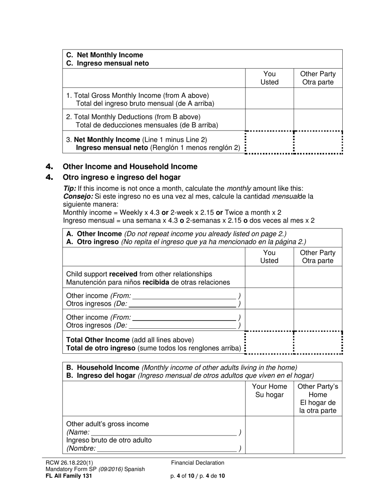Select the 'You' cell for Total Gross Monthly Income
(269, 99)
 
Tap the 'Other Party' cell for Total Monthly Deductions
(318, 120)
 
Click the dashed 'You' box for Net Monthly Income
(269, 142)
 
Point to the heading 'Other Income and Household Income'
(130, 166)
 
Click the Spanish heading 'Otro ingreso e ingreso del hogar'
(121, 177)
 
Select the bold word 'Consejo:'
(75, 196)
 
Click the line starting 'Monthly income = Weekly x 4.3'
(172, 213)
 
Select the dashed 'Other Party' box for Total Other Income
(318, 343)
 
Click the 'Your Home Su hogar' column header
(269, 391)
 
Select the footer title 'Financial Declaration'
(198, 463)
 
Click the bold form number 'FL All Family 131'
(69, 476)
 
